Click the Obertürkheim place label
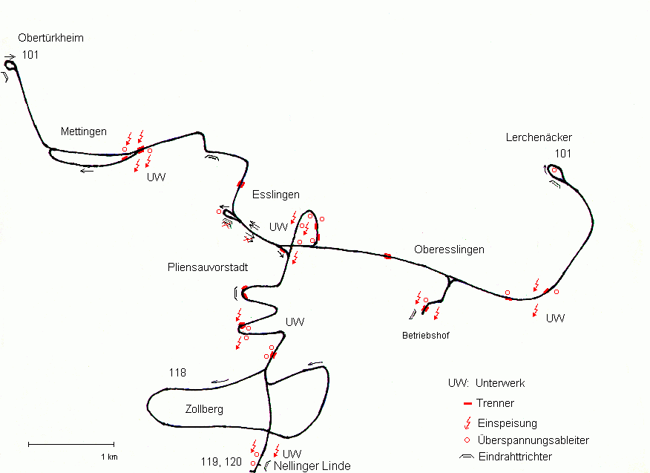[x=50, y=38]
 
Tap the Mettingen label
[x=83, y=131]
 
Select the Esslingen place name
[x=275, y=195]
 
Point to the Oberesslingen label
[x=448, y=249]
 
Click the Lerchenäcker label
[x=539, y=137]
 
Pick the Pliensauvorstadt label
[x=208, y=267]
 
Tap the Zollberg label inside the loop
[x=204, y=409]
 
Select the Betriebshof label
[x=425, y=336]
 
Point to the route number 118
[x=177, y=373]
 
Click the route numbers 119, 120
[x=221, y=462]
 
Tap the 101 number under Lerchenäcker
[x=562, y=154]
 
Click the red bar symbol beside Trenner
[x=467, y=403]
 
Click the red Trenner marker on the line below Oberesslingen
[x=387, y=256]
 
